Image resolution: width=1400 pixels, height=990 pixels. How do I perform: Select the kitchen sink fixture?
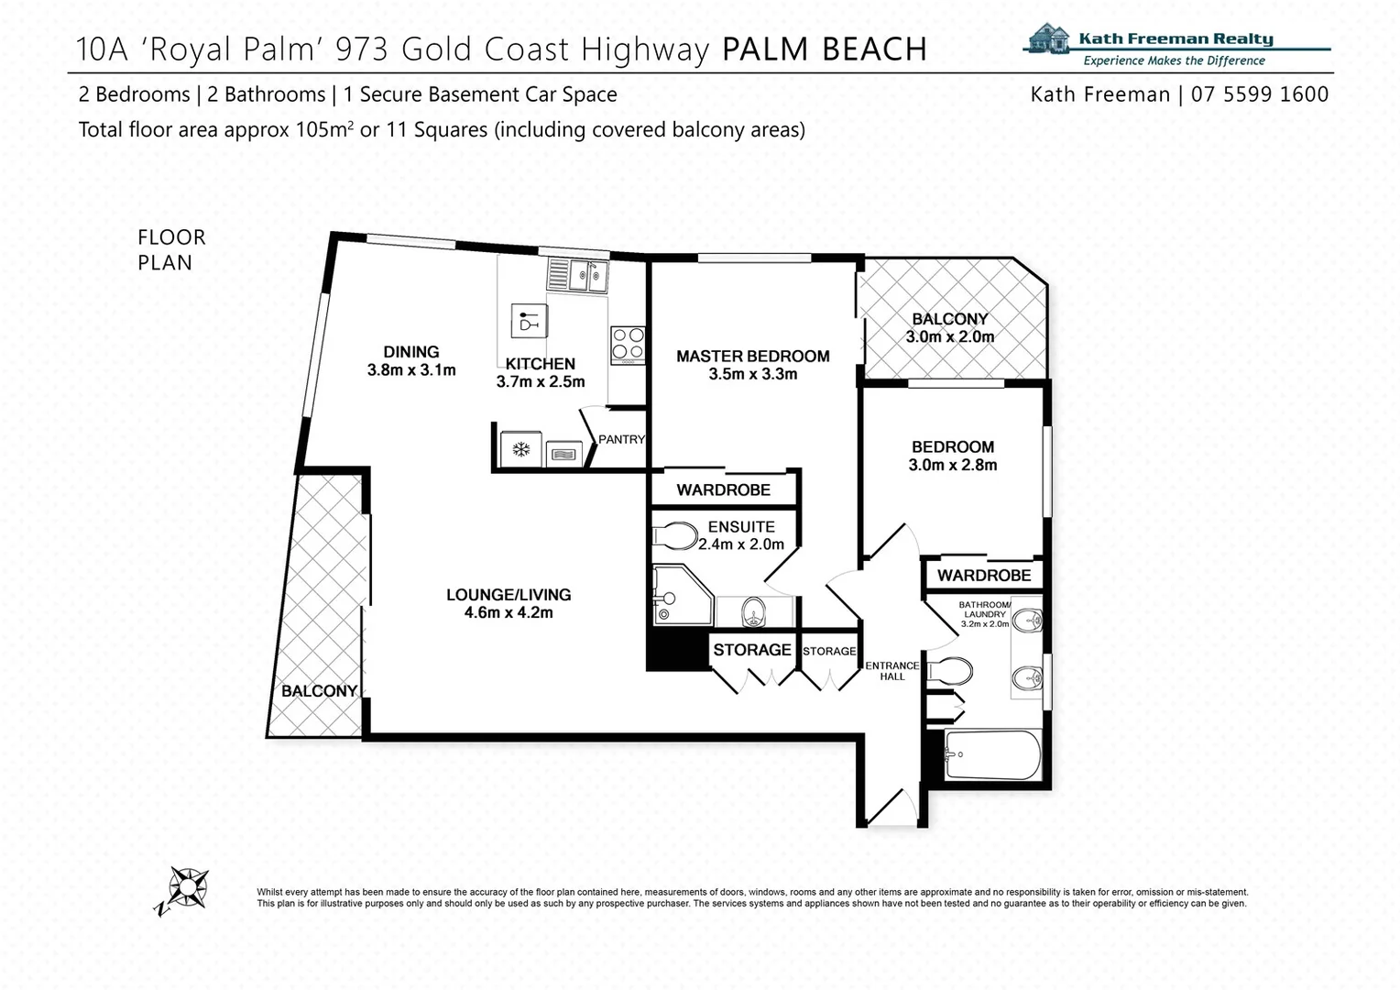click(577, 275)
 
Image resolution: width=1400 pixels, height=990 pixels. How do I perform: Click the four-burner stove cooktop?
click(628, 346)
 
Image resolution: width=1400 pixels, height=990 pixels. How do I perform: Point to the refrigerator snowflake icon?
click(521, 449)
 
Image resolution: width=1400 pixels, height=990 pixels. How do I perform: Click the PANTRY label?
click(622, 440)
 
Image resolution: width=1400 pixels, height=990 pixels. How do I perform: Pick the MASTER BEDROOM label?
click(752, 357)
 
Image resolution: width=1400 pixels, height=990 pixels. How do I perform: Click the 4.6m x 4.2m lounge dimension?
click(509, 612)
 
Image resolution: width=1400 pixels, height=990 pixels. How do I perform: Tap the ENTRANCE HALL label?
click(891, 671)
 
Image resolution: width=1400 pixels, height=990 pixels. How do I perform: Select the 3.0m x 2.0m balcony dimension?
click(949, 336)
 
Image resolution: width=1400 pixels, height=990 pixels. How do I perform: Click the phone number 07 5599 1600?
click(1259, 94)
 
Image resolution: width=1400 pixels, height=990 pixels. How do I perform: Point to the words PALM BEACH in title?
click(825, 49)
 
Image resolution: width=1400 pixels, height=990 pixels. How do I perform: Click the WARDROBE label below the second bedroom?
click(984, 576)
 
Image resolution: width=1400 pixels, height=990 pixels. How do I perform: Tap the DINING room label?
click(411, 352)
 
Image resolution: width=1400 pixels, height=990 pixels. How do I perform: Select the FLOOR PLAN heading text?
click(171, 249)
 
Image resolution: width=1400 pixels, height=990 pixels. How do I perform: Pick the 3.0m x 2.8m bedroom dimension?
click(952, 465)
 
